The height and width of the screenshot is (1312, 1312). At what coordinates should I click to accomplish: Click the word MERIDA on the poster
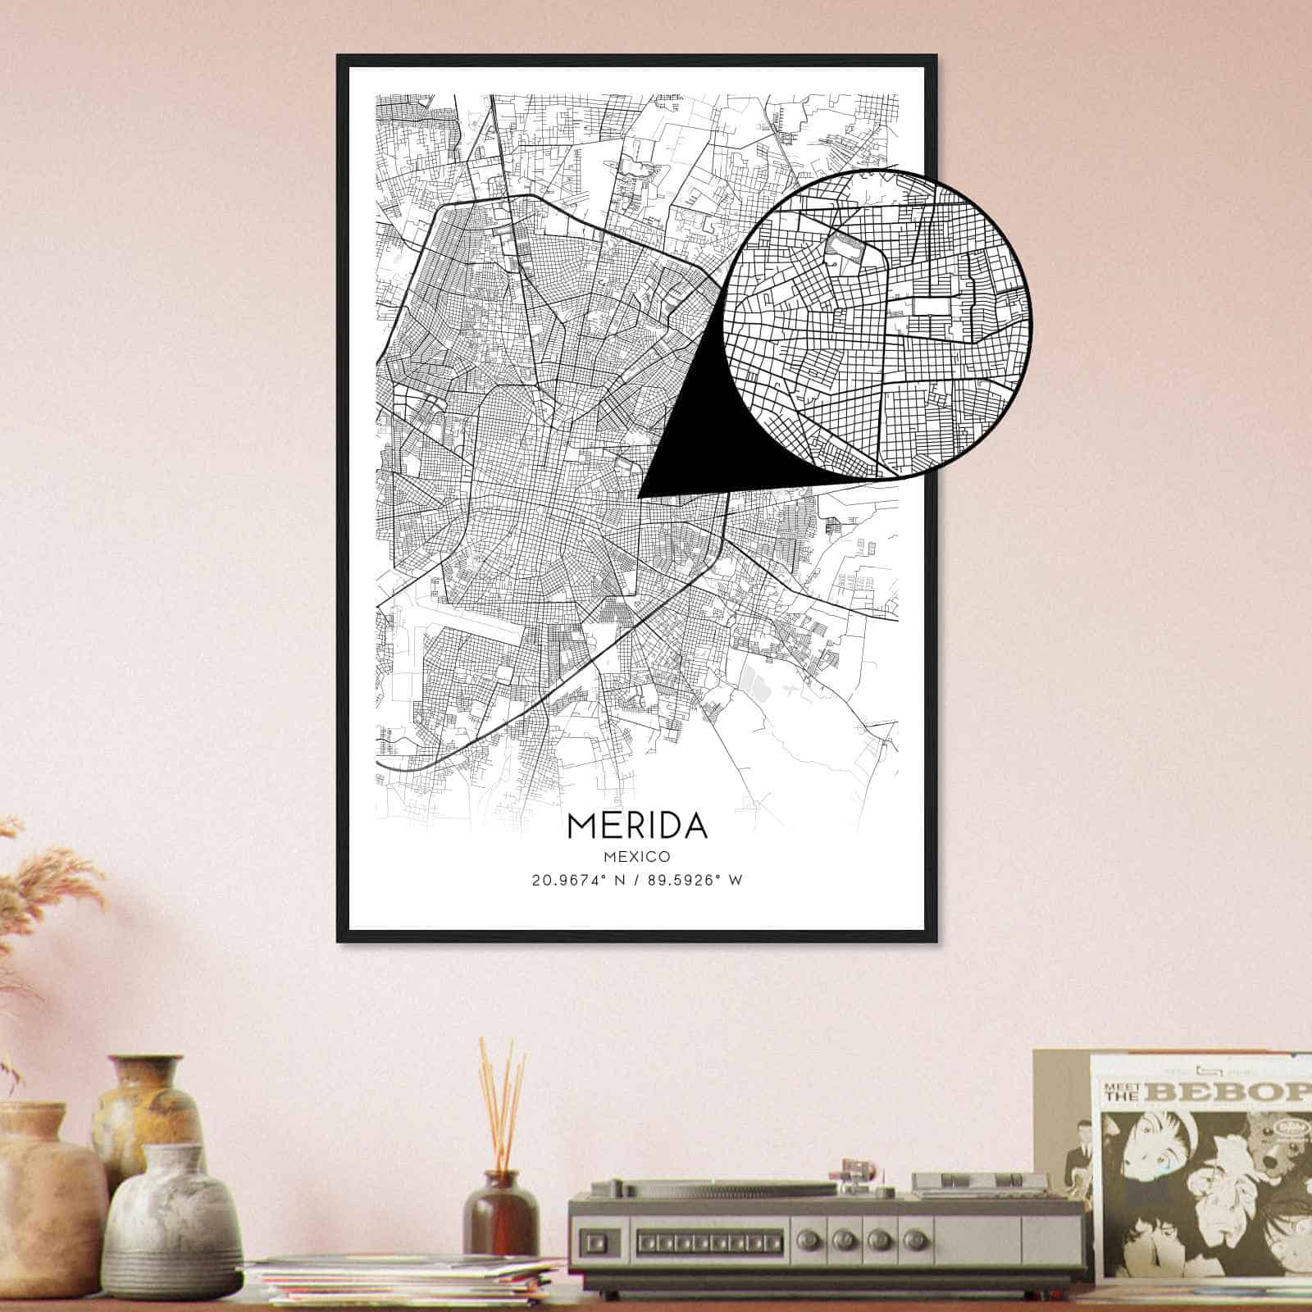(x=636, y=825)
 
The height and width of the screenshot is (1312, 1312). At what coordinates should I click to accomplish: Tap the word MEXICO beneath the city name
(x=637, y=856)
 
